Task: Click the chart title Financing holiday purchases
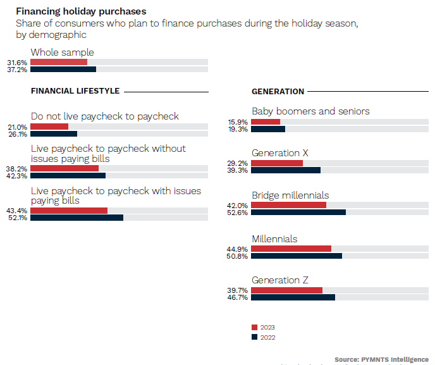(81, 11)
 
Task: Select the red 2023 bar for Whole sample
(59, 62)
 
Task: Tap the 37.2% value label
(17, 70)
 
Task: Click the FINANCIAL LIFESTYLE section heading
(75, 91)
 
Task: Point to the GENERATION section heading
(278, 92)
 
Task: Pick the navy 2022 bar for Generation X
(286, 170)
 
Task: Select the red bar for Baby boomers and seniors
(266, 121)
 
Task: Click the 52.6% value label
(238, 213)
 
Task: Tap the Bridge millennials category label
(290, 195)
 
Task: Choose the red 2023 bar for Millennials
(291, 249)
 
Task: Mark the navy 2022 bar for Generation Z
(293, 297)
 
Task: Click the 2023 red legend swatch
(254, 328)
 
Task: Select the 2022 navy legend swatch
(254, 337)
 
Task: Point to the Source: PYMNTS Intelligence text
(381, 359)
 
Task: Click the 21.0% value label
(17, 127)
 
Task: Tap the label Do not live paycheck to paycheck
(104, 116)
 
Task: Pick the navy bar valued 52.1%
(77, 218)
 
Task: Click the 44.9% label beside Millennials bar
(238, 249)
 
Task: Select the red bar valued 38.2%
(64, 169)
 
